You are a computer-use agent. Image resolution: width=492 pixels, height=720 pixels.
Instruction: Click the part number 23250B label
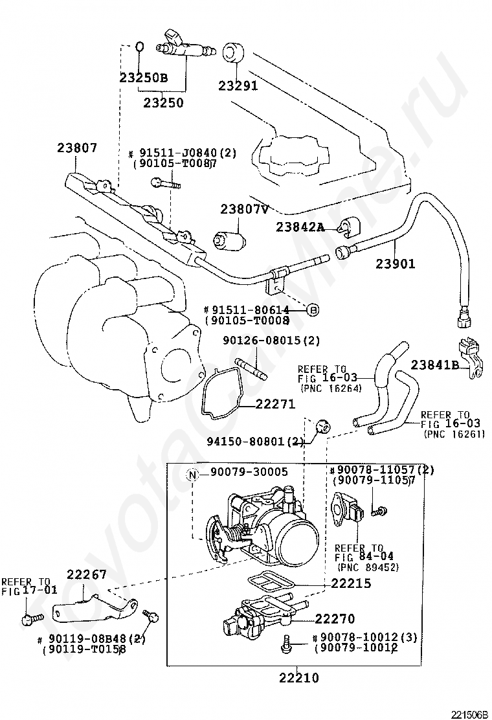pos(143,78)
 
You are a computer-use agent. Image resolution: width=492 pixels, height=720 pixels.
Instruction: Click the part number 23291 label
pos(238,85)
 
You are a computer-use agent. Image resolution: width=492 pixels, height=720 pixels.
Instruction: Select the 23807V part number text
pos(244,210)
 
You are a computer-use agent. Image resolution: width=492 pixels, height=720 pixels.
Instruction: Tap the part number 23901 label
pos(395,264)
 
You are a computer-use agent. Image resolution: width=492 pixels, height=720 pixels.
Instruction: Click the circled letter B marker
pos(313,310)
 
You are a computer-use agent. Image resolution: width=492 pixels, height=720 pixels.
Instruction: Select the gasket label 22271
pos(275,405)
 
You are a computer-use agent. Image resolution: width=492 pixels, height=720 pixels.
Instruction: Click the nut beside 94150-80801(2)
pos(322,426)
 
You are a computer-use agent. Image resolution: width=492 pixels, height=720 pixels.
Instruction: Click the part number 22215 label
pos(351,583)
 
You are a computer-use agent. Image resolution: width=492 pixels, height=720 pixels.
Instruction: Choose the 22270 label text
pos(336,619)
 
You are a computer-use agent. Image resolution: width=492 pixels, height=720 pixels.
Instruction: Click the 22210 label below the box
pos(299,678)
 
